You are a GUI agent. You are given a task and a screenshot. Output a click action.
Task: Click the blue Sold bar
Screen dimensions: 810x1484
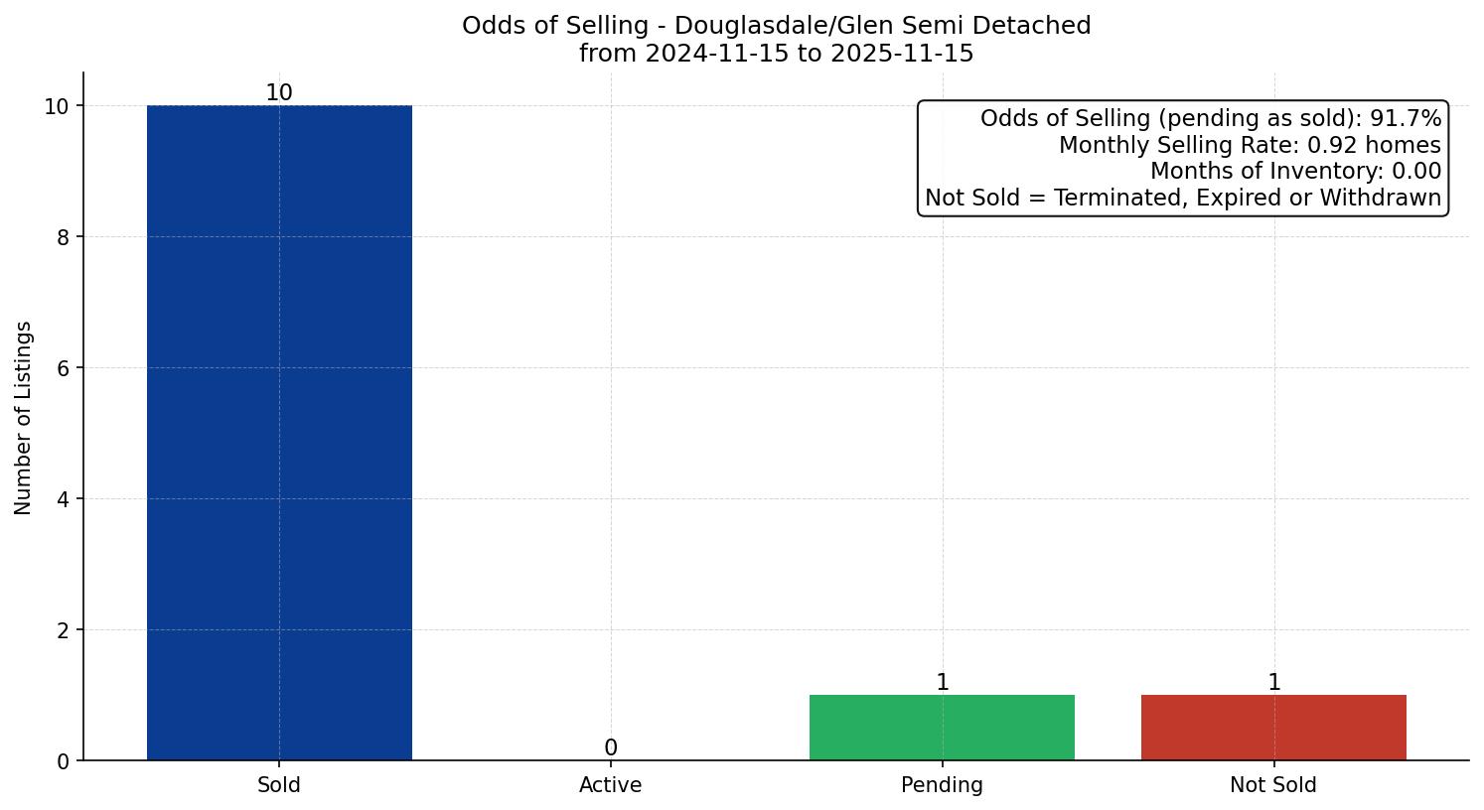click(279, 433)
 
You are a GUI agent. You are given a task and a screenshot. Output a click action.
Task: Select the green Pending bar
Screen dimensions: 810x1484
click(942, 728)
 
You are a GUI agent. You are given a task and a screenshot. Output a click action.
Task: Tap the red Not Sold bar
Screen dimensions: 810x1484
click(1273, 728)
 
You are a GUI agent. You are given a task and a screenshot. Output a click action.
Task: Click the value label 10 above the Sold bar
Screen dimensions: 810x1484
click(279, 93)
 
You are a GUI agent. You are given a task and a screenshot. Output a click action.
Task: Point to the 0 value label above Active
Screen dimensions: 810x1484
click(611, 748)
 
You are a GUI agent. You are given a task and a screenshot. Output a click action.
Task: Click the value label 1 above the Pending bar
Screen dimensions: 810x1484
click(943, 683)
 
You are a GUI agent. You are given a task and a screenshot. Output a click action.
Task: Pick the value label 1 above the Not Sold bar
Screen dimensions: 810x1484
click(1274, 683)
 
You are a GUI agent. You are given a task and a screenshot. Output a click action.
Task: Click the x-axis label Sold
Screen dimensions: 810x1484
click(279, 785)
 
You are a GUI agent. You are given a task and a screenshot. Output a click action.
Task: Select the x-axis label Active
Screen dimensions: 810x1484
click(611, 785)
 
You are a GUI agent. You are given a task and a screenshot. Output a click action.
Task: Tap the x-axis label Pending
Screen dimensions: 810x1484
click(942, 785)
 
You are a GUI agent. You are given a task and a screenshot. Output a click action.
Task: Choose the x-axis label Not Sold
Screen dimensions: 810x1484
click(1273, 785)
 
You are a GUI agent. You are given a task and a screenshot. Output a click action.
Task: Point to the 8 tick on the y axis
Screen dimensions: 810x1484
click(64, 237)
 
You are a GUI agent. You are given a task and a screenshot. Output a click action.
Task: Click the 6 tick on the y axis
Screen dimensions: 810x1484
click(64, 368)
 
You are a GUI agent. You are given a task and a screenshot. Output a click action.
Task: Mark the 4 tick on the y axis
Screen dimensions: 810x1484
click(64, 499)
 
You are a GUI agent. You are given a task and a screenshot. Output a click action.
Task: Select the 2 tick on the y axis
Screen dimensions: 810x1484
click(64, 630)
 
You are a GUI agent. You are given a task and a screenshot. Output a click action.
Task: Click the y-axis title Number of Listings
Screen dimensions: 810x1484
click(24, 417)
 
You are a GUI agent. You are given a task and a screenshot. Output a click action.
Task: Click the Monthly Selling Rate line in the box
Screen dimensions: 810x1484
click(1250, 145)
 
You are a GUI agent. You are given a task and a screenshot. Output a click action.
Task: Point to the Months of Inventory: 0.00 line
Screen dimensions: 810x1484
click(1295, 172)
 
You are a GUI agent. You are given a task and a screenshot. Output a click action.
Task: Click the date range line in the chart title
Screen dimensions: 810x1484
click(776, 54)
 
